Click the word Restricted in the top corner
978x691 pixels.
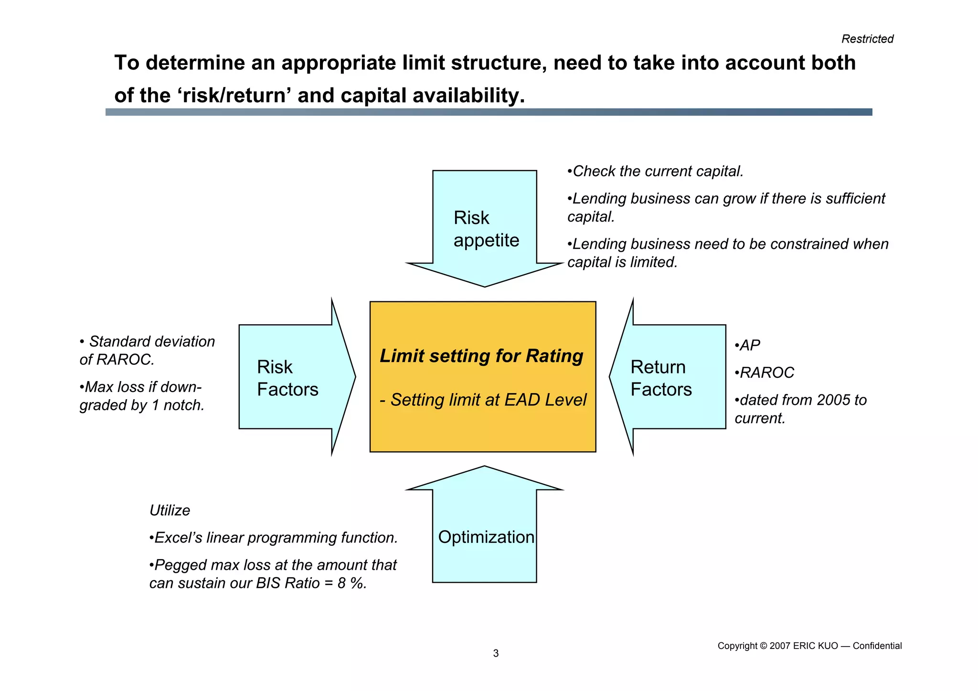867,39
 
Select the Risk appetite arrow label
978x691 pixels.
486,229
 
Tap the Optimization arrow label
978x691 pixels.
486,537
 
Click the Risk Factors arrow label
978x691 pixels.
287,378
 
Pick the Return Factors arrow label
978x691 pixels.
660,378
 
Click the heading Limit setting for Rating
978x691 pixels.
481,356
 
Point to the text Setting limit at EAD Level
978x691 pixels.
488,400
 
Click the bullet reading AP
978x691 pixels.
749,345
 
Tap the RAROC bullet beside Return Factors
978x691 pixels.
766,372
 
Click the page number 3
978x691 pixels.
496,653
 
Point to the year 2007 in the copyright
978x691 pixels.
780,646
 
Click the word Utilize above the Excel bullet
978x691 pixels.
170,510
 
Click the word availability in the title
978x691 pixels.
468,96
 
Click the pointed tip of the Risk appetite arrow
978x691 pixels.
485,286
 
